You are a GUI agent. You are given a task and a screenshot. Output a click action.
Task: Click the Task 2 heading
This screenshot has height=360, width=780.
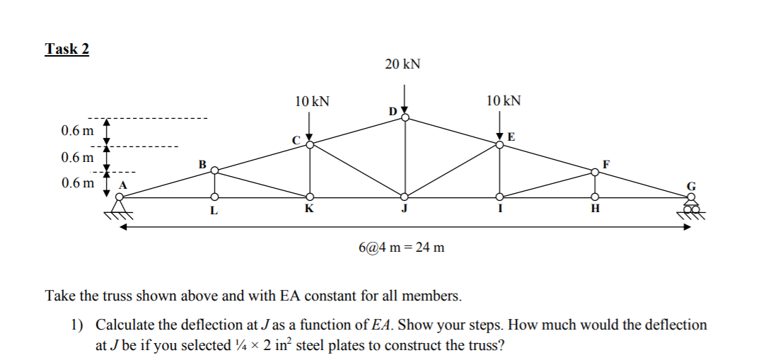tap(67, 49)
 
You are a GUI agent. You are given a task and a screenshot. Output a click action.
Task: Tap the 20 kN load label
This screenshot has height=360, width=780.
tap(403, 64)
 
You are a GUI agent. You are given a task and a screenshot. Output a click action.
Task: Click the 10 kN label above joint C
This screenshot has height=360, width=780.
tap(311, 101)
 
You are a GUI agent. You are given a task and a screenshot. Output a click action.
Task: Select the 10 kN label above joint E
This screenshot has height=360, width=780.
tap(503, 101)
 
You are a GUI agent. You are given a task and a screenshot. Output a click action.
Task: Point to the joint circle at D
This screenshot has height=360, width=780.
tap(404, 117)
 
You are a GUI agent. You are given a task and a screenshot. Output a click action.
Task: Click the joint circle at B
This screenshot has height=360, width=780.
tap(214, 170)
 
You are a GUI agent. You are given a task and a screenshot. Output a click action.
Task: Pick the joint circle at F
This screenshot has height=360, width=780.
tap(595, 170)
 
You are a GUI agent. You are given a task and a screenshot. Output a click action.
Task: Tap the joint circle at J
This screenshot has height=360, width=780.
tap(404, 197)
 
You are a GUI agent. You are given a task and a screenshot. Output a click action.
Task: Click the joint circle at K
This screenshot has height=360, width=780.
tap(310, 197)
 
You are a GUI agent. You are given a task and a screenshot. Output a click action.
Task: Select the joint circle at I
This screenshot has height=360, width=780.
tap(500, 197)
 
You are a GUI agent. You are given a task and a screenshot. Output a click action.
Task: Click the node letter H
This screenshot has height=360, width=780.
tap(595, 209)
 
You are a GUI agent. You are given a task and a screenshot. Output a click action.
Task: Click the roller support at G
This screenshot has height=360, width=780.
tap(690, 207)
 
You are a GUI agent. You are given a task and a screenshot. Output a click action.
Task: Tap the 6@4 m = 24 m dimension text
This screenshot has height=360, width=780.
tap(402, 248)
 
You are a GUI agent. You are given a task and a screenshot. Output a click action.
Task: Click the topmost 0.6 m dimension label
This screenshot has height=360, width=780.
tap(77, 131)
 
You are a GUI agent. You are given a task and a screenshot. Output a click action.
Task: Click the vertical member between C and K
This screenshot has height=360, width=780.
tap(310, 170)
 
